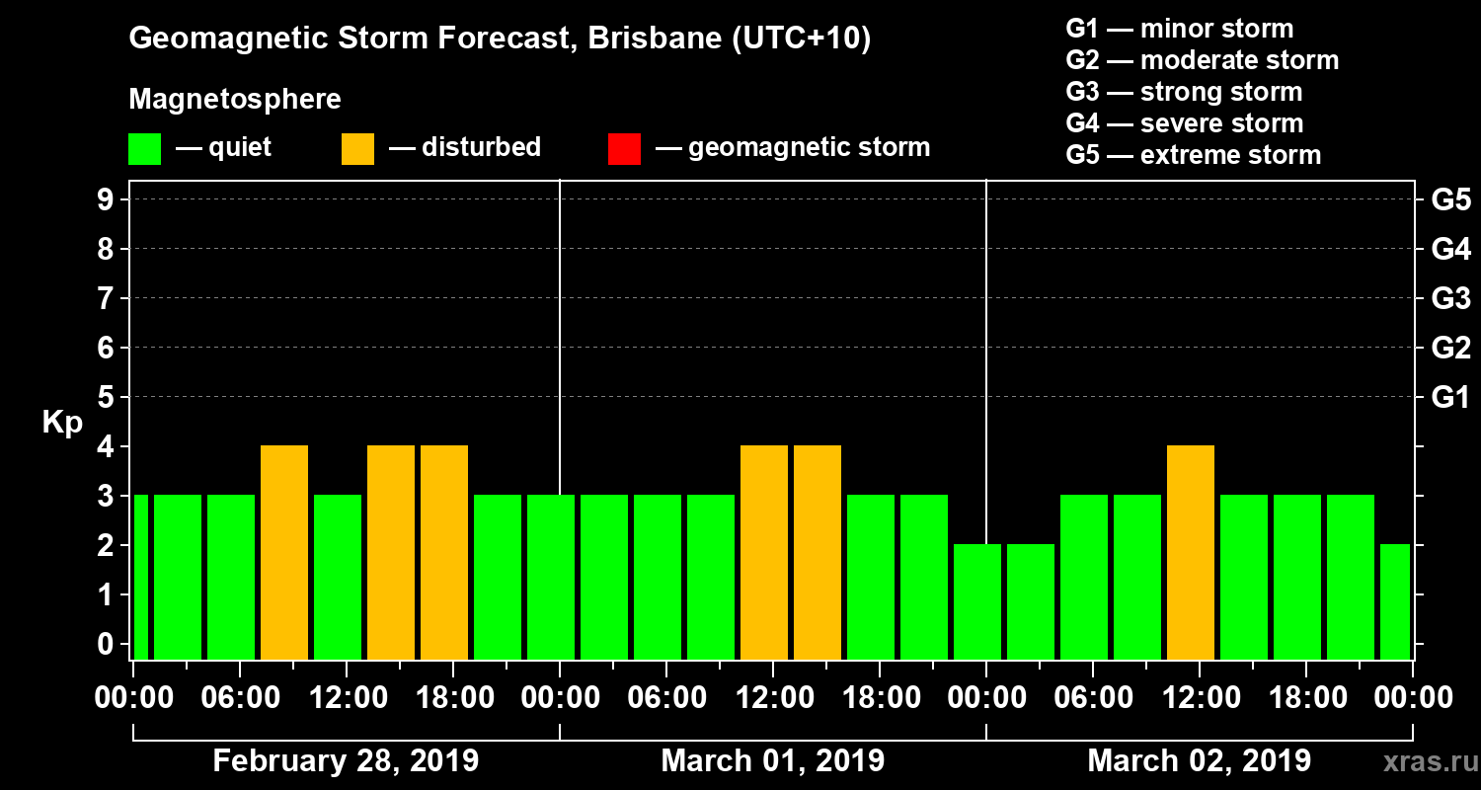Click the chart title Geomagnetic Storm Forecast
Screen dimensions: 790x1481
pos(500,39)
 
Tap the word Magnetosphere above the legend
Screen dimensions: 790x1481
pos(235,100)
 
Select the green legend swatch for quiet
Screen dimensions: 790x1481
pos(144,148)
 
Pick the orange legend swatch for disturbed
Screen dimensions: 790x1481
pos(357,148)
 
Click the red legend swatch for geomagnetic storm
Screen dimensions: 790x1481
pos(624,148)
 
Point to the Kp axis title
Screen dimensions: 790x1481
pos(62,423)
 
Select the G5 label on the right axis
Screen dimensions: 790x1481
pos(1450,199)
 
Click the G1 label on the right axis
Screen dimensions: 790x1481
pos(1450,397)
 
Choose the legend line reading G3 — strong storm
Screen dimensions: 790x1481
pos(1184,92)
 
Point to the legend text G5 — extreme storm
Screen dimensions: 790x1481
pos(1193,155)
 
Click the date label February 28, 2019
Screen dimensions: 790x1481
pos(346,760)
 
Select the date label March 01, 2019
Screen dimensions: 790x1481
pos(772,760)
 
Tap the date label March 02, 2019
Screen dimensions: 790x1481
pos(1199,760)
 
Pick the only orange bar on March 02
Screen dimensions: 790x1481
pos(1191,552)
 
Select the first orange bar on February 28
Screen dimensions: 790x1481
pos(284,552)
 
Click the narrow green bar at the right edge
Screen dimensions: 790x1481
pos(1395,601)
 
